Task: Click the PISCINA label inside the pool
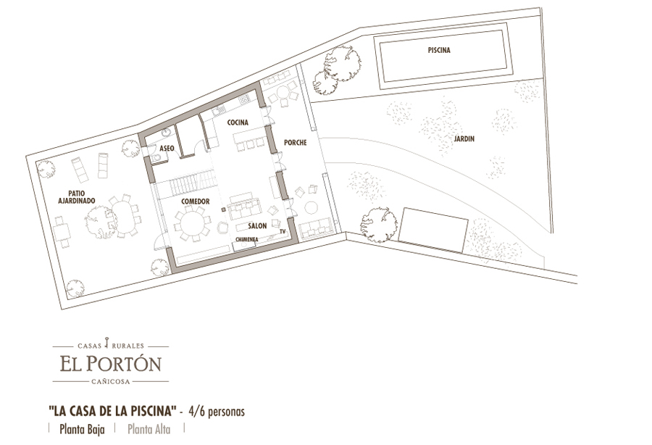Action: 439,50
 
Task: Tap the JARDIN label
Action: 464,139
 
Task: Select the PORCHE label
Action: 296,143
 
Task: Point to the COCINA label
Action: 238,122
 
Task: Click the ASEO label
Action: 167,149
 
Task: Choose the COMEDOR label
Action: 196,201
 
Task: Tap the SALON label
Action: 257,226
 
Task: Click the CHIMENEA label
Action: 247,240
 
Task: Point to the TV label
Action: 283,232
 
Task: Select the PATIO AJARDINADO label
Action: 77,197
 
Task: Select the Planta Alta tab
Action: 149,429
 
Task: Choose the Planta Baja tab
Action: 82,429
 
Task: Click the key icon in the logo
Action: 108,342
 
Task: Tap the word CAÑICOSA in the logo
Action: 111,381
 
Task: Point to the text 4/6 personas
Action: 216,412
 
